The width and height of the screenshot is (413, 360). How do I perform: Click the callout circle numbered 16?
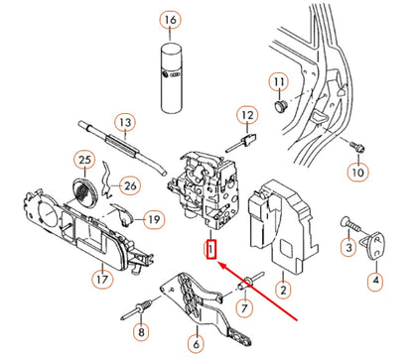[x=171, y=21]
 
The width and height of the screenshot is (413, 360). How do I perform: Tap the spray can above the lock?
[x=171, y=68]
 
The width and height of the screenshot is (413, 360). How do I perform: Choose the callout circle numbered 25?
[x=84, y=161]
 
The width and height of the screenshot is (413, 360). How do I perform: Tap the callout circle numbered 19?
[x=153, y=218]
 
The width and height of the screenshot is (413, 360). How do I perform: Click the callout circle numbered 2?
[x=283, y=290]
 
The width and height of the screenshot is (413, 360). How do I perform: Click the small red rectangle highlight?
[x=209, y=247]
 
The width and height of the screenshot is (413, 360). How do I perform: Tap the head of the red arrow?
[x=219, y=265]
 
